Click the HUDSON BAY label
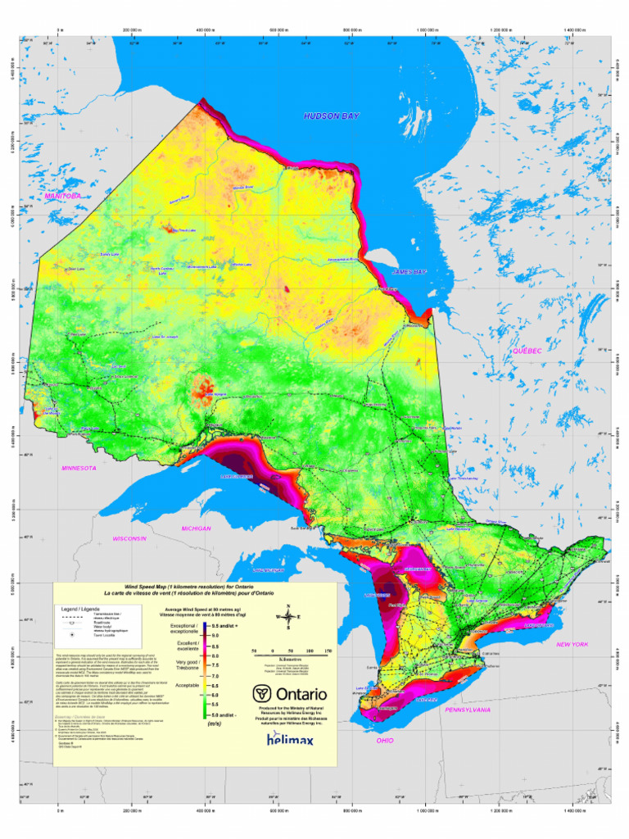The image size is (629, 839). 331,117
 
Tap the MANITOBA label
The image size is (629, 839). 63,197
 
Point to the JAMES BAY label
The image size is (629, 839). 410,271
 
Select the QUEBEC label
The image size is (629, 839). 527,351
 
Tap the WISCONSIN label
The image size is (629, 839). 129,538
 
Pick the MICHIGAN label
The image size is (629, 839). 197,528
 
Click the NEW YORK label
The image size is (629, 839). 572,645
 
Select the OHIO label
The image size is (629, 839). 385,740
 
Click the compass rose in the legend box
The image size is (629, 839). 287,619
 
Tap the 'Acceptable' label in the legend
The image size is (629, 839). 187,684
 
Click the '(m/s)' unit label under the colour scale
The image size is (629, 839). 215,724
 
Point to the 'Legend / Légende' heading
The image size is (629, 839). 80,610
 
